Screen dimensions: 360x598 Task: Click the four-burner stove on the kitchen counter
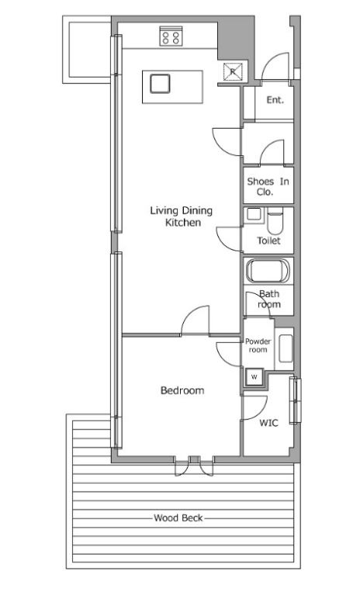pos(171,36)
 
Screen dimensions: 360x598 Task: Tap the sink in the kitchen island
pos(160,84)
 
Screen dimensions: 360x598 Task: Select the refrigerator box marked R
pos(233,71)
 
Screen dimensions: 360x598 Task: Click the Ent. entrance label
pos(275,100)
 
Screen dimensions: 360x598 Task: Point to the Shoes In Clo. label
pos(268,186)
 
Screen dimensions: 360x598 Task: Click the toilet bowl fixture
pos(274,223)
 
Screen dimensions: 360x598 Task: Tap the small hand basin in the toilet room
pos(253,214)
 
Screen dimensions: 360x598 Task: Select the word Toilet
pos(268,240)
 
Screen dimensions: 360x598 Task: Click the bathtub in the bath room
pos(268,271)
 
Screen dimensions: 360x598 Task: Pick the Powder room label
pos(258,345)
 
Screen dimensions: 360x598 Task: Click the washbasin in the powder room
pos(286,348)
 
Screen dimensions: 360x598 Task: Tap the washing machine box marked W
pos(254,377)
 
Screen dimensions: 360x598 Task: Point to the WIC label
pos(268,423)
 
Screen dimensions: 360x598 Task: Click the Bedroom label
pos(182,391)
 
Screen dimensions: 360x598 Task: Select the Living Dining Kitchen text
pos(181,216)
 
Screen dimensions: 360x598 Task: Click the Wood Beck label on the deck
pos(178,518)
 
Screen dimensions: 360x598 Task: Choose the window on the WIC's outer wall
pos(295,400)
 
